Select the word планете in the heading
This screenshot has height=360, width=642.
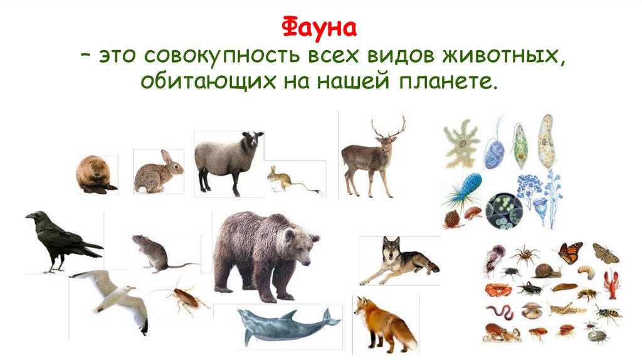coord(446,83)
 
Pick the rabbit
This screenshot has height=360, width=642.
coord(157,173)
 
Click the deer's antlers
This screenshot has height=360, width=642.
coord(387,128)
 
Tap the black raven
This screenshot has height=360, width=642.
coord(60,241)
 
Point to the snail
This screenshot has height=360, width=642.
coord(547,271)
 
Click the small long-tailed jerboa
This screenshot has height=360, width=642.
coord(281,179)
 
